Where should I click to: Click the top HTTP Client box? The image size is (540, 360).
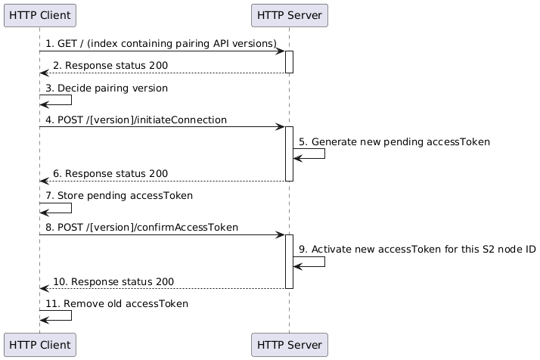tap(39, 14)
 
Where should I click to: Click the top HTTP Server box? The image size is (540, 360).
tap(289, 14)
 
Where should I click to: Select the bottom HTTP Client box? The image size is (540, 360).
tap(39, 344)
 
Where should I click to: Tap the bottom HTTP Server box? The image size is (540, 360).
tap(289, 344)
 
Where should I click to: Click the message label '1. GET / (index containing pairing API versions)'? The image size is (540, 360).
tap(160, 45)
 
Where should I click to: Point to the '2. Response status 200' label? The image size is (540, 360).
tap(110, 66)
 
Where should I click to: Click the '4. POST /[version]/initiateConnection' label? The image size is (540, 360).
tap(136, 119)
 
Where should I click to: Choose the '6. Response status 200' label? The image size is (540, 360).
tap(110, 174)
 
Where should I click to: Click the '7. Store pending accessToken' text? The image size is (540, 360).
tap(119, 196)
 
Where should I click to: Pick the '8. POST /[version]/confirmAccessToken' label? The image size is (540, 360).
tap(141, 228)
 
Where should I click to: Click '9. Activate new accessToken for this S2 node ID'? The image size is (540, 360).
tap(417, 250)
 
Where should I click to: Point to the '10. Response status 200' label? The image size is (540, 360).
tap(113, 281)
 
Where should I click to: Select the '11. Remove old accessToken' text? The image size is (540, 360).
tap(116, 303)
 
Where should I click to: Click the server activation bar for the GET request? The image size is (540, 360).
tap(289, 62)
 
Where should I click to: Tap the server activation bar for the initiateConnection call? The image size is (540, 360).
tap(289, 154)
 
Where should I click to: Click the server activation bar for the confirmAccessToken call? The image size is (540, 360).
tap(289, 261)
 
